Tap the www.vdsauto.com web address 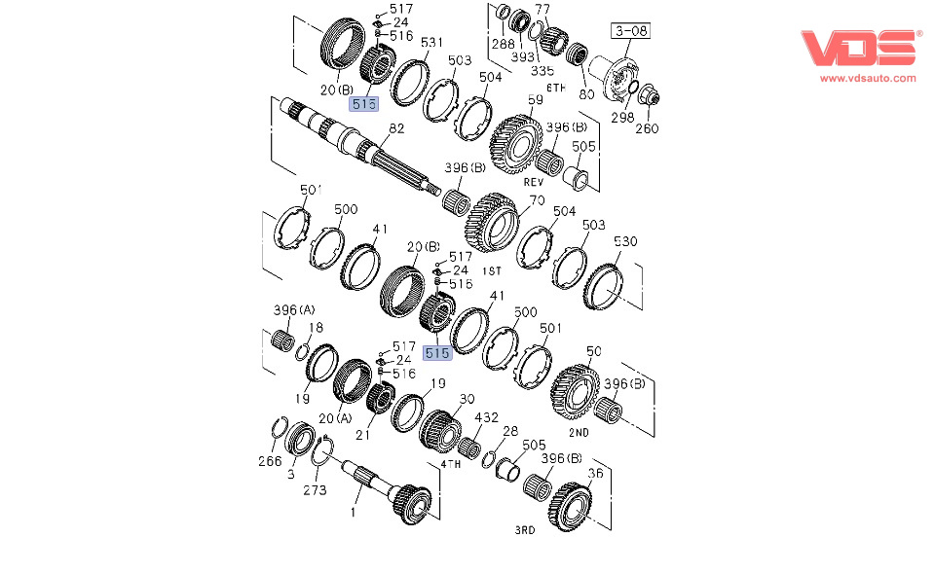point(867,78)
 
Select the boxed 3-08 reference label point(629,31)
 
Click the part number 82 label point(396,127)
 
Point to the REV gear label point(533,181)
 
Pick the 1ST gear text point(495,270)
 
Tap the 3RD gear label point(525,530)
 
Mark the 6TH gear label point(556,88)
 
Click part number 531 point(431,42)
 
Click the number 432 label point(485,417)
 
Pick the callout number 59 point(535,99)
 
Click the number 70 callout point(536,201)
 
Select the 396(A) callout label point(294,310)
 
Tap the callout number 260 point(647,127)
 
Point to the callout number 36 point(596,474)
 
